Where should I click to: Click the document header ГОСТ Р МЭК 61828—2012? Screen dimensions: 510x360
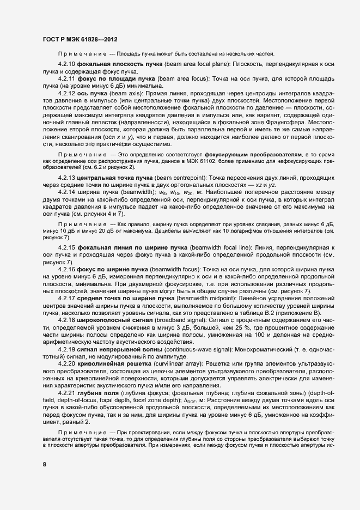tap(79, 39)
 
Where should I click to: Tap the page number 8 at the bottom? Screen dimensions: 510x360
tap(44, 464)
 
